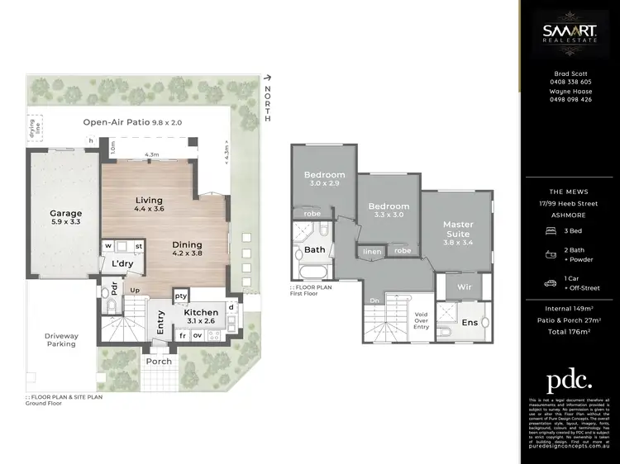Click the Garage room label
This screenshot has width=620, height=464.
tap(65, 218)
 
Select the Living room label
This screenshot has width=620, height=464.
tap(149, 205)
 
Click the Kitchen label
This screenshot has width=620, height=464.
tap(201, 317)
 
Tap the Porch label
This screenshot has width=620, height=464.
tap(160, 362)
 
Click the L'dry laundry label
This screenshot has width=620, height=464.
tap(122, 264)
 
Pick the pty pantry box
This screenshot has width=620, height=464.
tap(181, 296)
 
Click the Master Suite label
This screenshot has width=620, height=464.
tap(457, 229)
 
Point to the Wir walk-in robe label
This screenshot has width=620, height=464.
tap(453, 286)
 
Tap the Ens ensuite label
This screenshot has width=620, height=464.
tap(470, 323)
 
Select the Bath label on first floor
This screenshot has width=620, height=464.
tap(315, 249)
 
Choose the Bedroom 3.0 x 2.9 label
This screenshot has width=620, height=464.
tap(323, 179)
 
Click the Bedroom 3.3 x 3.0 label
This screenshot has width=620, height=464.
tap(389, 211)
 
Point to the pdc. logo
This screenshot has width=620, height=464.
tap(570, 380)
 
